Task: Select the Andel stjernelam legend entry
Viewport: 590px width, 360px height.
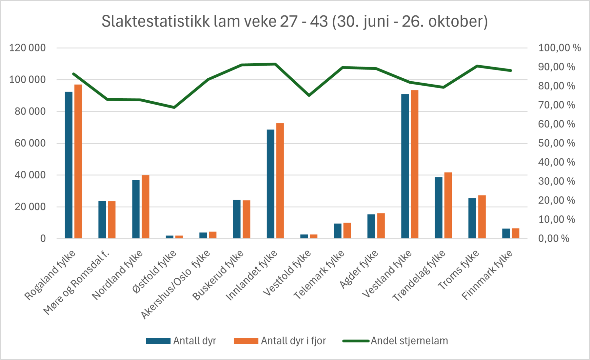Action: (x=409, y=341)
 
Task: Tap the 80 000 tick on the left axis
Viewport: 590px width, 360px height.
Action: (x=30, y=111)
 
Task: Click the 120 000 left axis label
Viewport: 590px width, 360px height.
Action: (x=28, y=48)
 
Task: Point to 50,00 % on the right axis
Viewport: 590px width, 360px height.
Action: (x=556, y=143)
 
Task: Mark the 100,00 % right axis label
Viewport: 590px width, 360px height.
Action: (x=559, y=48)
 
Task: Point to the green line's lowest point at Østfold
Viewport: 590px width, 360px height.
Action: (x=174, y=107)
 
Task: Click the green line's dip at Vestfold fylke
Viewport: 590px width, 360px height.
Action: (x=309, y=95)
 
